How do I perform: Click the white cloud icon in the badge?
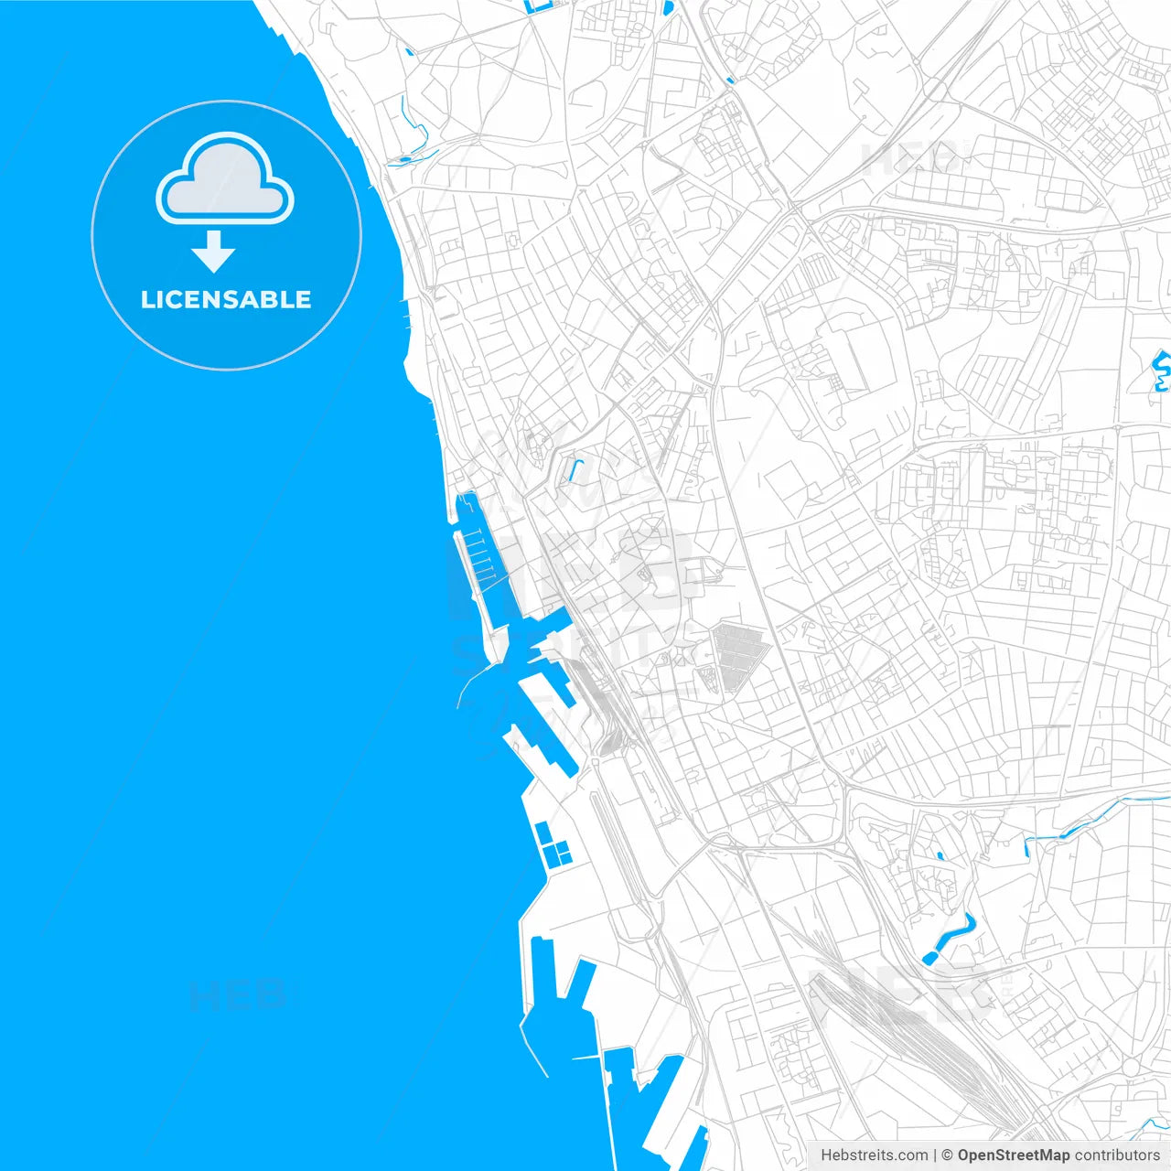[x=225, y=180]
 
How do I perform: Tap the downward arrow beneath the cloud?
[x=214, y=252]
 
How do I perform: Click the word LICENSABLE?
[x=226, y=300]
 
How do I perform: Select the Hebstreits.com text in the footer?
[x=874, y=1155]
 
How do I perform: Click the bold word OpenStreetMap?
[x=1013, y=1155]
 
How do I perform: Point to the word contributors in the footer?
[x=1116, y=1155]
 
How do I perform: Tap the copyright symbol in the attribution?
[x=947, y=1155]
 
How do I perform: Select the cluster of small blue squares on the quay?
[x=552, y=845]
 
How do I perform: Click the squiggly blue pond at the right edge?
[x=1161, y=371]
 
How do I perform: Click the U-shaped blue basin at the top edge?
[x=538, y=8]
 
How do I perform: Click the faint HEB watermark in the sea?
[x=237, y=994]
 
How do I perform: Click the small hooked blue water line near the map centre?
[x=575, y=470]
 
